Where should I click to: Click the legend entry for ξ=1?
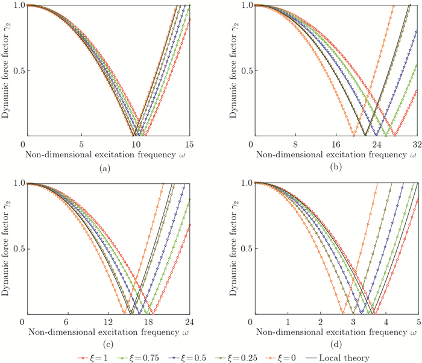[90, 358]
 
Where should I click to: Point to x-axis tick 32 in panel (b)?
[417, 145]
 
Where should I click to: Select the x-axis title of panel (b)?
[336, 155]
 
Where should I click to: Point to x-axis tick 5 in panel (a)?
[79, 145]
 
